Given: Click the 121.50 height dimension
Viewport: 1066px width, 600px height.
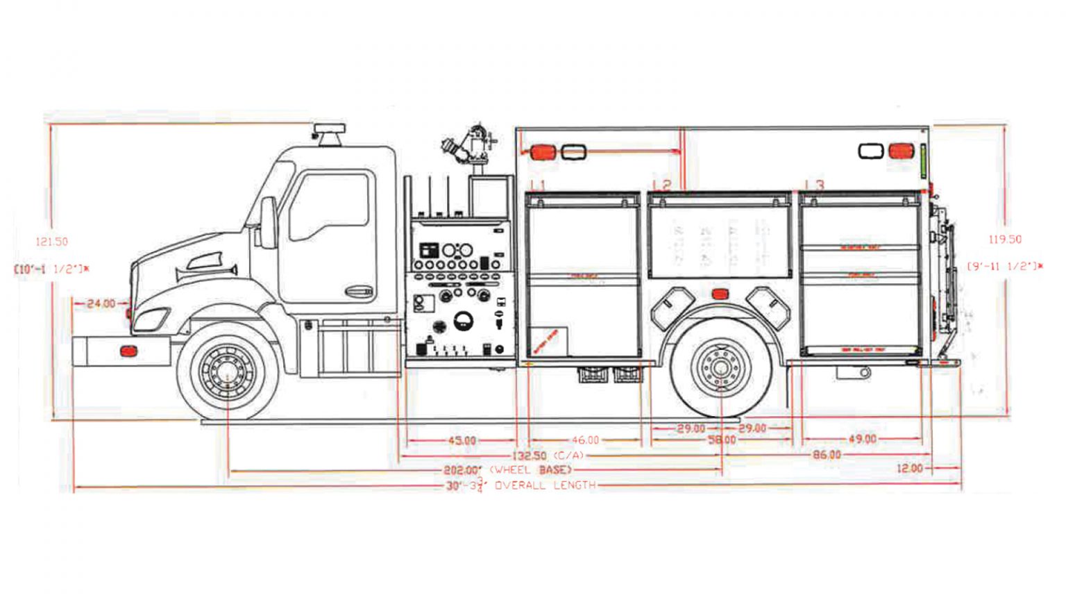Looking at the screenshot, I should pos(52,242).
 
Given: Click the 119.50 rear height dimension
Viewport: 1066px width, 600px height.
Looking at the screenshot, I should pos(1005,240).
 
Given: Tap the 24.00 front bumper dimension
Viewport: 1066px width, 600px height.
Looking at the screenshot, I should pos(101,303).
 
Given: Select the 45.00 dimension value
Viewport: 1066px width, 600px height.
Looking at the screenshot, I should pos(462,440).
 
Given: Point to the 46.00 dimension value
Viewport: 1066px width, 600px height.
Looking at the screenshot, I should pos(585,440).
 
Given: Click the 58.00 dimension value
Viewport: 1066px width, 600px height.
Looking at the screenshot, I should pos(722,440).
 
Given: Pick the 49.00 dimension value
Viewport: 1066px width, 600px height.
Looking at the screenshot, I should pos(862,439).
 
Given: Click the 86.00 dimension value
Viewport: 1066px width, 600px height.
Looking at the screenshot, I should pos(827,455).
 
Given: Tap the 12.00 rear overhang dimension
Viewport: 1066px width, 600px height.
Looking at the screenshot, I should pos(909,469).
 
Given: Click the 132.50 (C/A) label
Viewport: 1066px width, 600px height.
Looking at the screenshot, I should pos(548,456).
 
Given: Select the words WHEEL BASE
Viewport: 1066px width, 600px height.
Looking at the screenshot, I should pos(531,470).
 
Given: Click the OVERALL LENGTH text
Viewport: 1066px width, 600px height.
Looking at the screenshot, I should pos(545,485).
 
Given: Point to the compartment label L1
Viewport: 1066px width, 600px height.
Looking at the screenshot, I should pos(538,185).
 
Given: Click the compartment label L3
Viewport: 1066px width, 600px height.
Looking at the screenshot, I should pos(815,185).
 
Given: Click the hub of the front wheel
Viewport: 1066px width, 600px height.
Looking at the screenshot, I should pos(228,372).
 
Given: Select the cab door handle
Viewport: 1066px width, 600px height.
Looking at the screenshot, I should pos(359,291).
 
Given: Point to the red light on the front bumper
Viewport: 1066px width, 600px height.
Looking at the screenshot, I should pos(128,351).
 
